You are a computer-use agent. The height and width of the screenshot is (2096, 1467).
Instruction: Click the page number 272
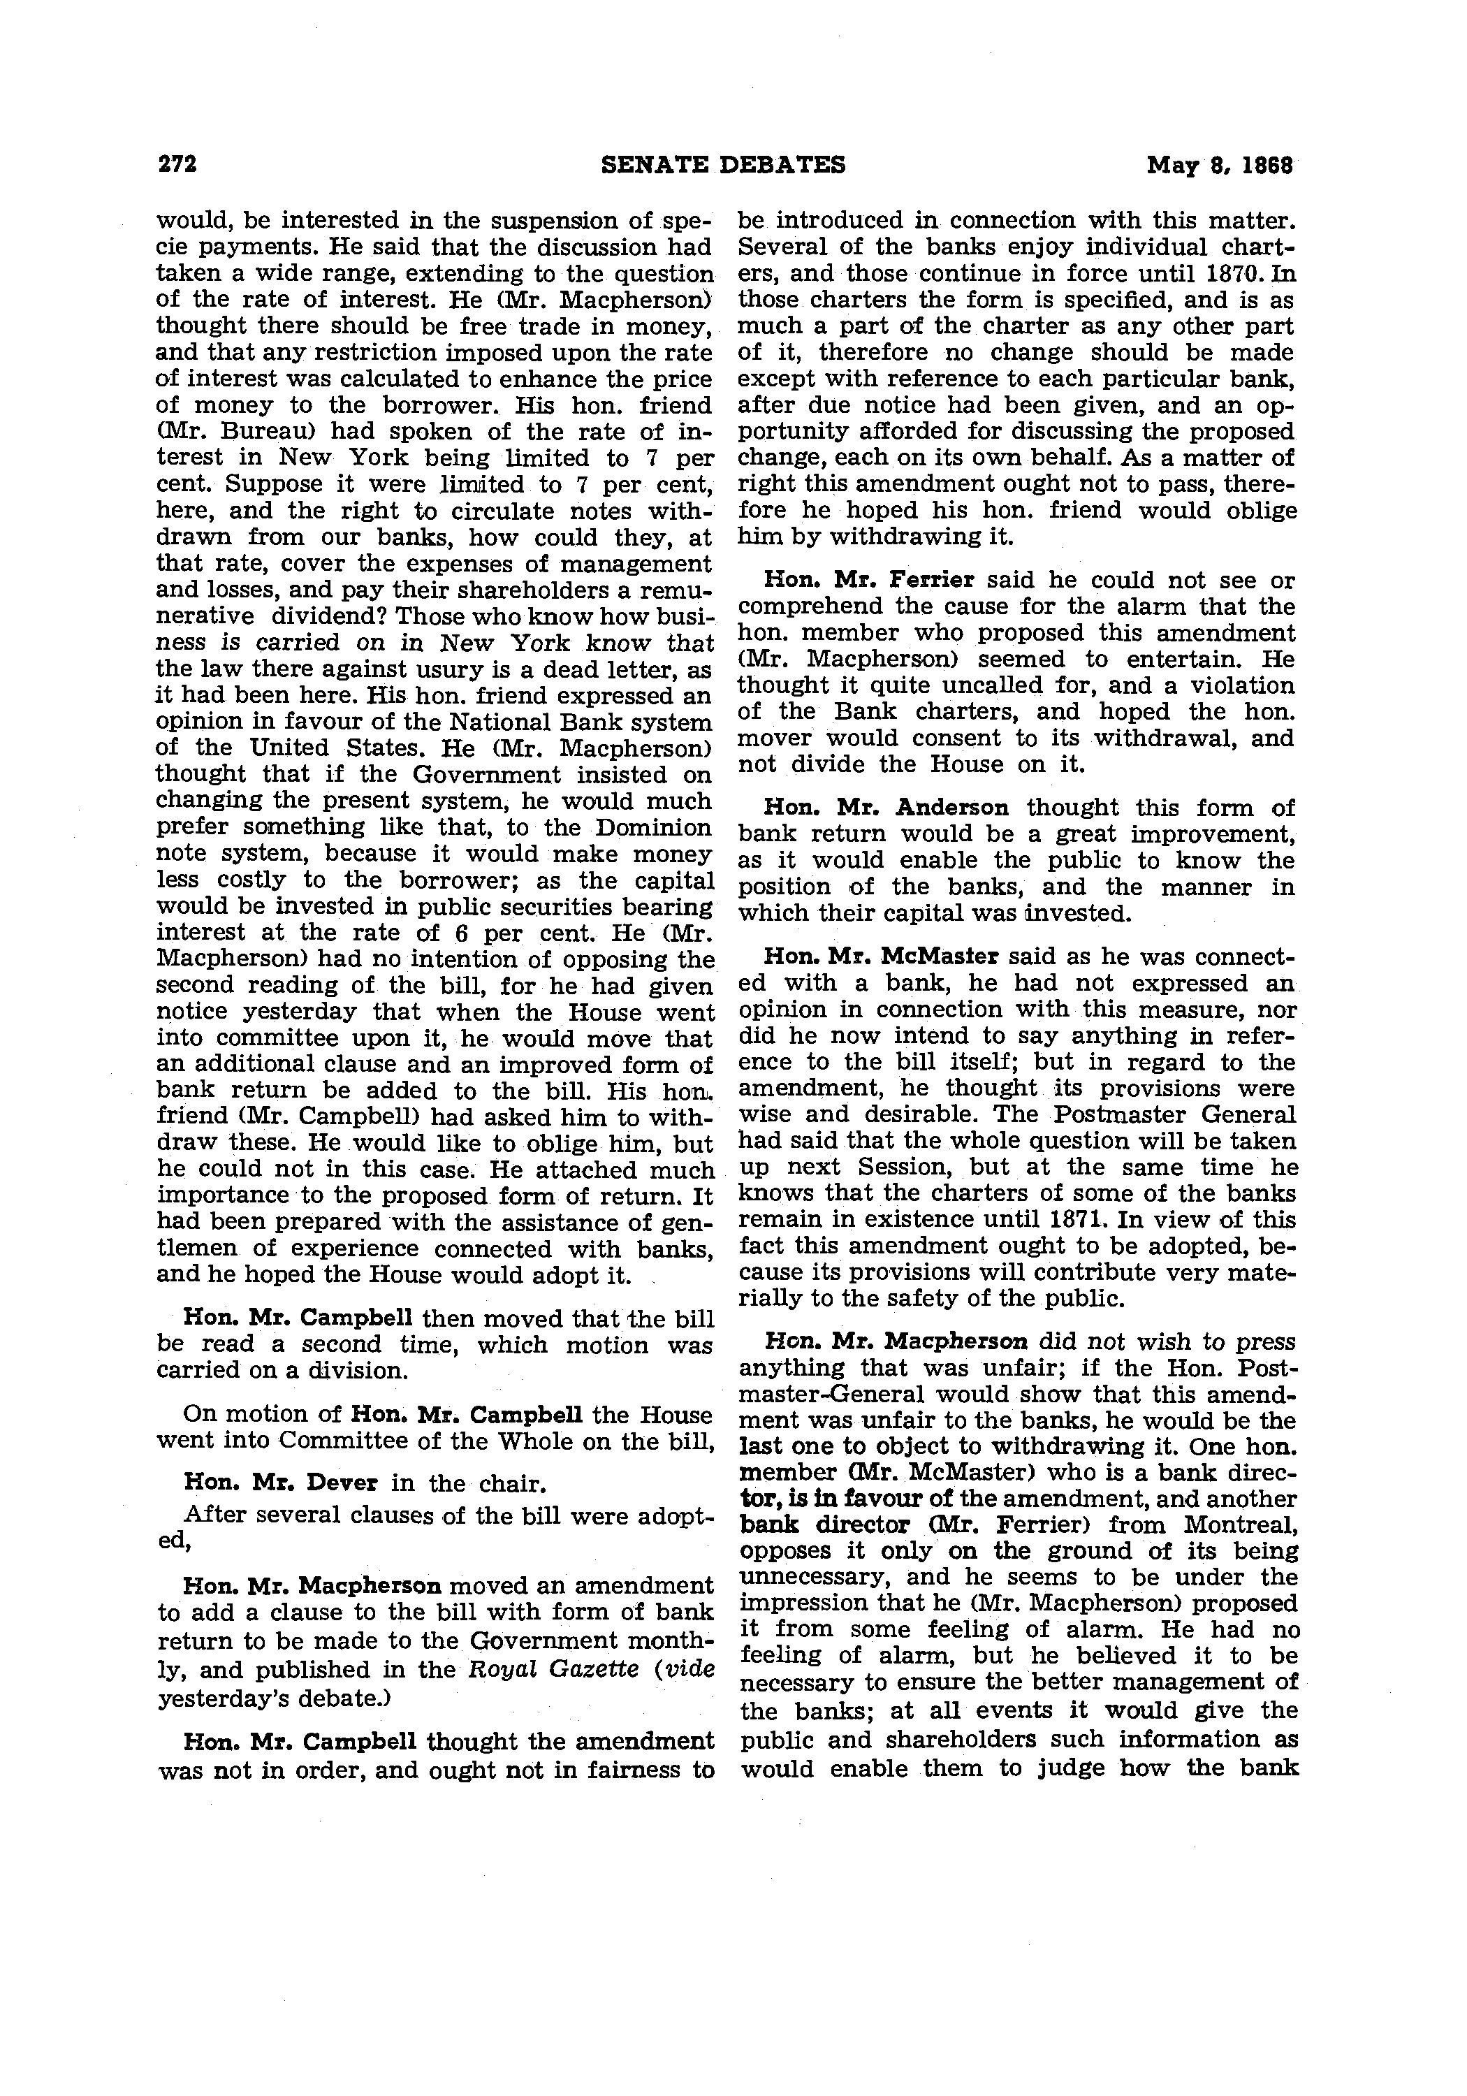click(x=178, y=164)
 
